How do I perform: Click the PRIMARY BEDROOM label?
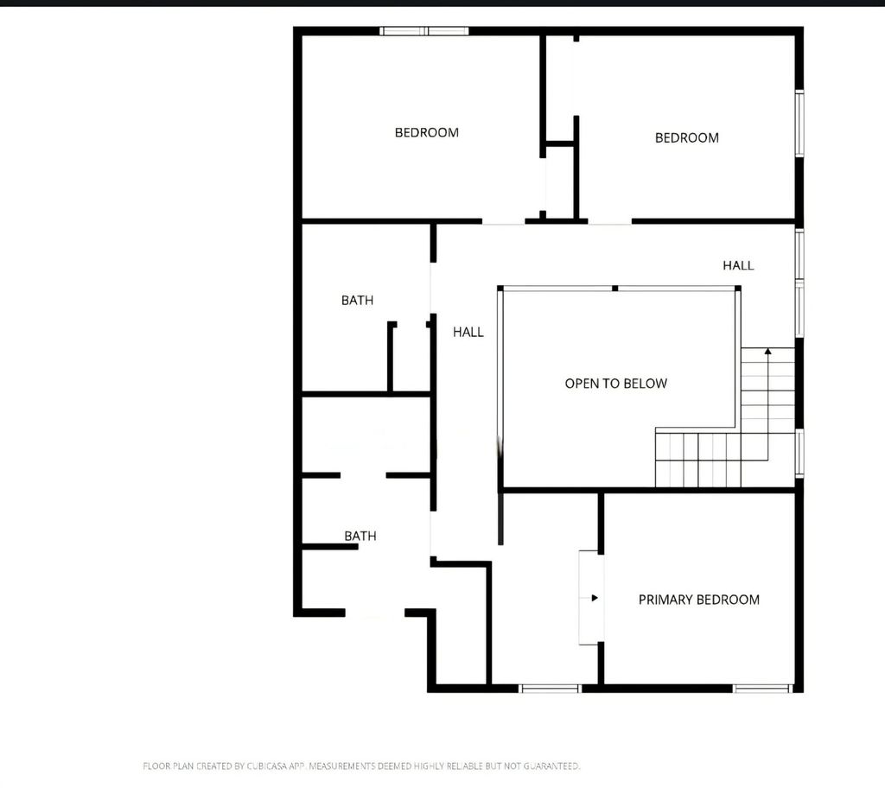(698, 600)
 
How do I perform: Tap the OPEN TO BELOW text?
(615, 384)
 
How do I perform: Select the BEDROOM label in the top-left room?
(427, 133)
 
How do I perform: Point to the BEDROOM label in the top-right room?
(687, 137)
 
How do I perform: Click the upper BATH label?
(357, 301)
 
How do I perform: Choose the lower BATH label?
(360, 536)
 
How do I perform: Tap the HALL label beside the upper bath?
(468, 332)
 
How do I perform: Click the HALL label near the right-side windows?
(738, 265)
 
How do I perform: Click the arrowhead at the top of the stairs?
(767, 351)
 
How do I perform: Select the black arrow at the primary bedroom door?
(595, 598)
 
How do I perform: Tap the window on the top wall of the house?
(423, 31)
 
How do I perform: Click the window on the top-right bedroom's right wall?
(799, 123)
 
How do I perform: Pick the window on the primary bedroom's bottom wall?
(762, 688)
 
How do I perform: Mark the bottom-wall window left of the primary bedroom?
(549, 688)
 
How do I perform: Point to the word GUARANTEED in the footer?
(551, 766)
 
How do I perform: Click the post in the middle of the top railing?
(614, 289)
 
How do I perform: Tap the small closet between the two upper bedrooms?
(559, 181)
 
